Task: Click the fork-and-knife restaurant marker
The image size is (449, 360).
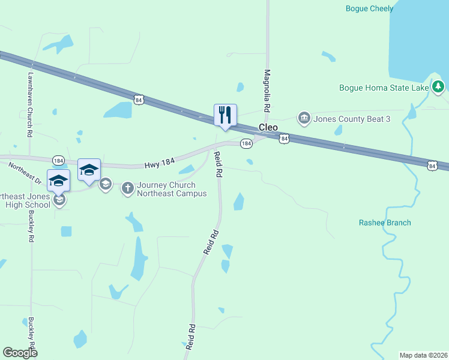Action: coord(225,115)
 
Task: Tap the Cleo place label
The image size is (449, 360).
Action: coord(268,128)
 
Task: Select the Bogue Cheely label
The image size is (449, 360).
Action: coord(370,8)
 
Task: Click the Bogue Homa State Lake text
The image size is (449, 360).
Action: coord(384,88)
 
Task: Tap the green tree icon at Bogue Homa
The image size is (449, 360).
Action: coord(438,87)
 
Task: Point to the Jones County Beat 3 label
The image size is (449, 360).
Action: coord(352,119)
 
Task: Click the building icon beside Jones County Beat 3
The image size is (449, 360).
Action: coord(304,118)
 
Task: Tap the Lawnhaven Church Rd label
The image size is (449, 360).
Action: coord(29,106)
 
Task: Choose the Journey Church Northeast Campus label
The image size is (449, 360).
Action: coord(172,189)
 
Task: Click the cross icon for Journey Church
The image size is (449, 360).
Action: coord(127,188)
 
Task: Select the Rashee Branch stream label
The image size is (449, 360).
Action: coord(385,223)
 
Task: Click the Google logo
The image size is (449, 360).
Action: coord(20,352)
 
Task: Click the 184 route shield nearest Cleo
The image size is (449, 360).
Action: coord(246,144)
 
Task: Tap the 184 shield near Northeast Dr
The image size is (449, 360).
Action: coord(58,160)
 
